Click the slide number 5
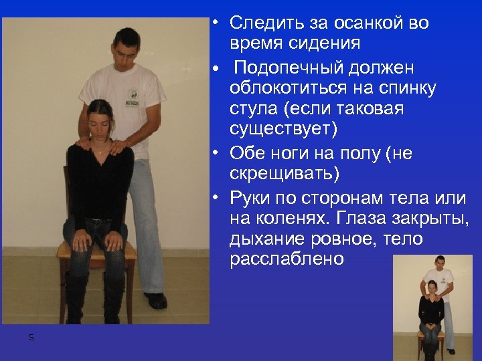[31, 338]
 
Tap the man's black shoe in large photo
[155, 300]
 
